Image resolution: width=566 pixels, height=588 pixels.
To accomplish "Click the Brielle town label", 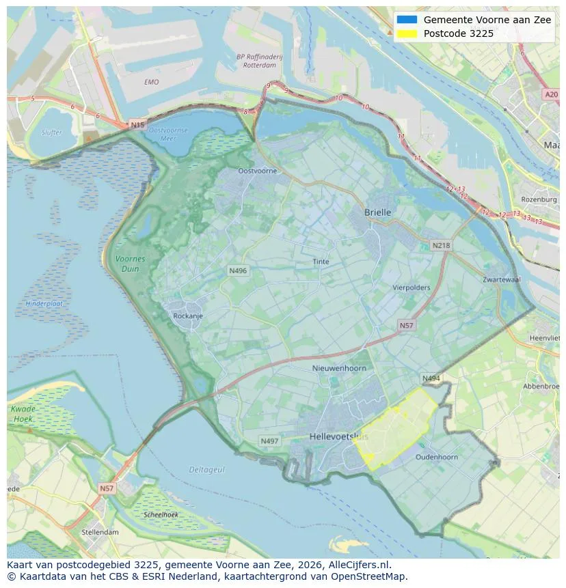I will (377, 212).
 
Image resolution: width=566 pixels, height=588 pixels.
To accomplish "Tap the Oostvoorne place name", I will (257, 171).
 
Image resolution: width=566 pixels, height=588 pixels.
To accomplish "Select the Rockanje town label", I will (188, 316).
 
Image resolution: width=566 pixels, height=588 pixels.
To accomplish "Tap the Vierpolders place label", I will (411, 288).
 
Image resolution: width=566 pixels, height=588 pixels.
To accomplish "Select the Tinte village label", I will (321, 262).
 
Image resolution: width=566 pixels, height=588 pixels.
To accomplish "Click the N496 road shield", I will (238, 271).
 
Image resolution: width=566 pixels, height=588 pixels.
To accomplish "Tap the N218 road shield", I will (441, 245).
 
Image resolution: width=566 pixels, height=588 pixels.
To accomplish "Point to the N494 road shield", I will (431, 378).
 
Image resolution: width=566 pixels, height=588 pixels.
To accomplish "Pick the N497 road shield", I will (269, 441).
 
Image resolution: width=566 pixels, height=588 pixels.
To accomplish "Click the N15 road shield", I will (137, 125).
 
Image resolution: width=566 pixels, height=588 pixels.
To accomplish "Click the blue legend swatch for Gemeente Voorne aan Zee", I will (406, 20).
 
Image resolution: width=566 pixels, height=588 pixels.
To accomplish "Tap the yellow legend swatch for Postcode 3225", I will (406, 33).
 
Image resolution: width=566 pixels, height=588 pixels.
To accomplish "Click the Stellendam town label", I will (100, 532).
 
